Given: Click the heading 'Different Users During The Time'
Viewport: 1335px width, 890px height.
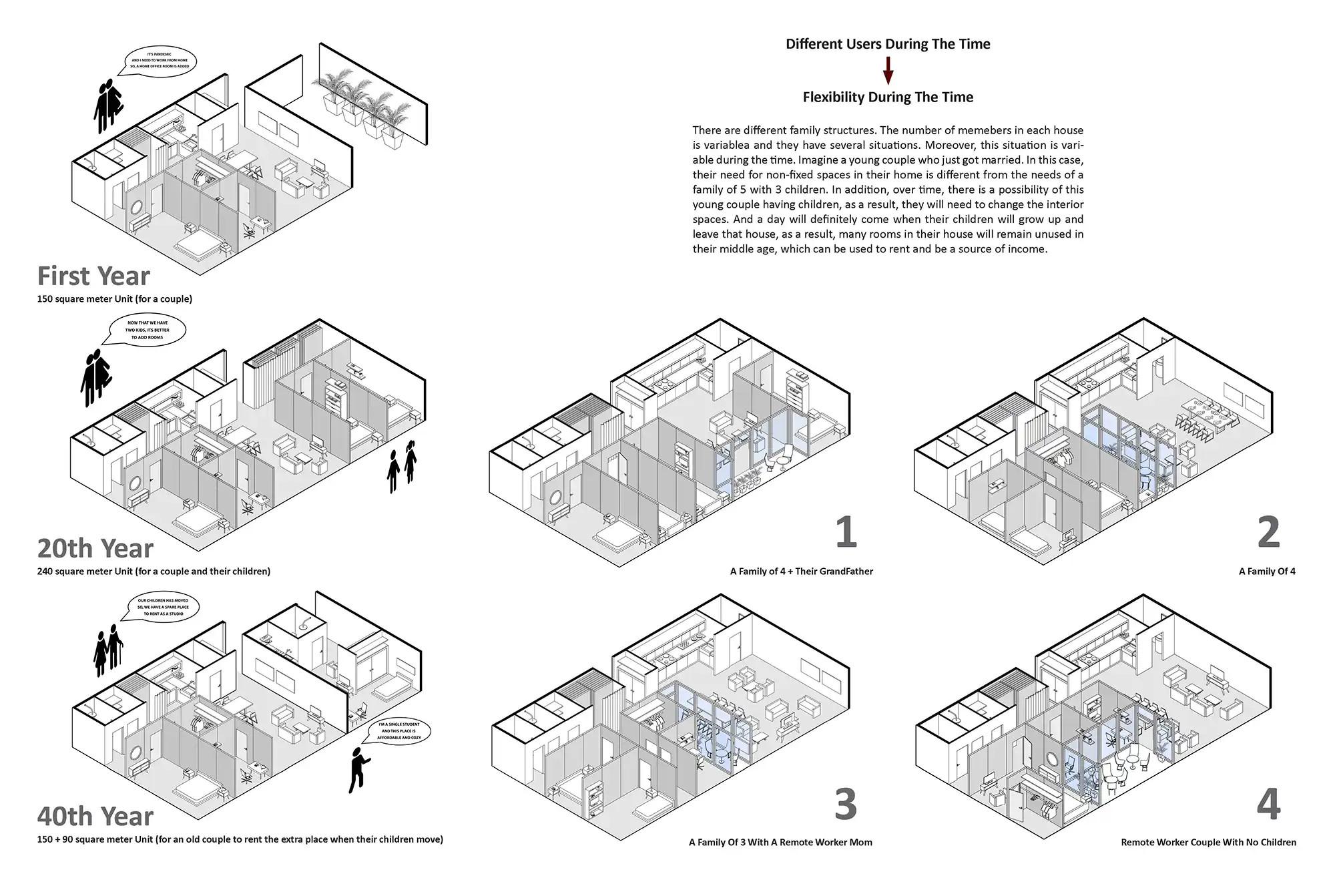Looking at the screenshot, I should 888,44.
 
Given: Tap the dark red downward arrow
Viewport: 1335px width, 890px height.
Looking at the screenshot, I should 888,70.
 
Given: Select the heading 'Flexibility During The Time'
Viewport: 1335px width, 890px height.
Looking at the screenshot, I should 888,97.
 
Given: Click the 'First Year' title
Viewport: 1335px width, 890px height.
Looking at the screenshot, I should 93,276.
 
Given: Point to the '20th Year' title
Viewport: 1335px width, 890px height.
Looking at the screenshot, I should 95,548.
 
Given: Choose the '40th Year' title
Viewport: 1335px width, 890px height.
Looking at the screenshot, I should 95,816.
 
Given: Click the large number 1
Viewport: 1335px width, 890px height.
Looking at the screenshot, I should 846,532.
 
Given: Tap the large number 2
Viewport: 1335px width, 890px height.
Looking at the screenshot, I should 1268,532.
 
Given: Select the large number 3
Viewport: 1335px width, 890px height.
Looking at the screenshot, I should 846,805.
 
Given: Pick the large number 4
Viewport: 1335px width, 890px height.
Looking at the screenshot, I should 1268,805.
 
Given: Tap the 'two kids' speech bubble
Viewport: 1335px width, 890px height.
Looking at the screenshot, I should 148,330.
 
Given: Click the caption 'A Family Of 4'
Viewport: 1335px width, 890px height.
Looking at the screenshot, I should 1267,572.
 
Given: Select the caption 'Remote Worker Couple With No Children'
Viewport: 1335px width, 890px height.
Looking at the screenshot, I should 1208,843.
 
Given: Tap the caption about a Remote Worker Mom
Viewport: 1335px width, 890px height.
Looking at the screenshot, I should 780,843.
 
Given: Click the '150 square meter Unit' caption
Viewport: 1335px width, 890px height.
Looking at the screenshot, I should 115,299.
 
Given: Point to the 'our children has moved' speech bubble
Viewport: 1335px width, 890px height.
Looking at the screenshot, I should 163,607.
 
